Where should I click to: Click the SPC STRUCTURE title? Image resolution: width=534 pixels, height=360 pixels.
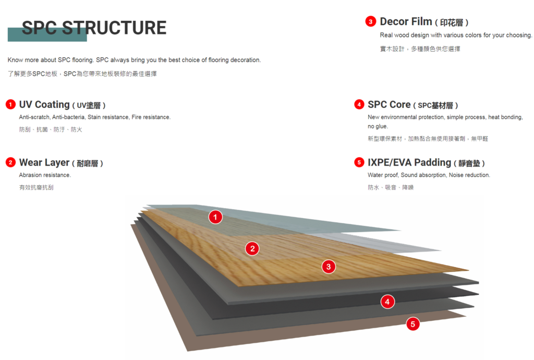pos(94,28)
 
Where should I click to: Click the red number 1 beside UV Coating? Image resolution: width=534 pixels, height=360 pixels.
pos(10,105)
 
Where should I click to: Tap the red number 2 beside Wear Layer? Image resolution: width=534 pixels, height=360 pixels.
pos(10,163)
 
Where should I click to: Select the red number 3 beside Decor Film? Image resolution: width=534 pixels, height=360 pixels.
pos(370,22)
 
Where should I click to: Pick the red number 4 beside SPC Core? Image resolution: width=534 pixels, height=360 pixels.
pos(359,105)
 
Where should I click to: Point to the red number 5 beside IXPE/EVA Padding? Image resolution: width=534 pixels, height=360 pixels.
pos(359,163)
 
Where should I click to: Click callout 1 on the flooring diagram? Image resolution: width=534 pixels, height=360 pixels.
pos(215,217)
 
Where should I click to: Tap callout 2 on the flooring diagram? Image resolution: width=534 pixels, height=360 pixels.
pos(252,249)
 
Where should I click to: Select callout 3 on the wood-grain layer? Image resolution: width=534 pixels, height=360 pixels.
pos(328,267)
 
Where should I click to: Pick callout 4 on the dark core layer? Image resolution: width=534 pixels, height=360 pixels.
pos(387,302)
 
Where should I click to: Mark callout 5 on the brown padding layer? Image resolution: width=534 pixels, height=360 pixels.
pos(412,325)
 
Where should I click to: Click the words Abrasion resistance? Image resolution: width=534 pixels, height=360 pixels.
pos(45,175)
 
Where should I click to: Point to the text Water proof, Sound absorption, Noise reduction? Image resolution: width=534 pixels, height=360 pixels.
pos(429,175)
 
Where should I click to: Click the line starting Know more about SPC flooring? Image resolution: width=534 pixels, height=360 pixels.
pos(134,60)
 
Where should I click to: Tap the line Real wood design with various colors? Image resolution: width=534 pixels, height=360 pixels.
pos(456,35)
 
